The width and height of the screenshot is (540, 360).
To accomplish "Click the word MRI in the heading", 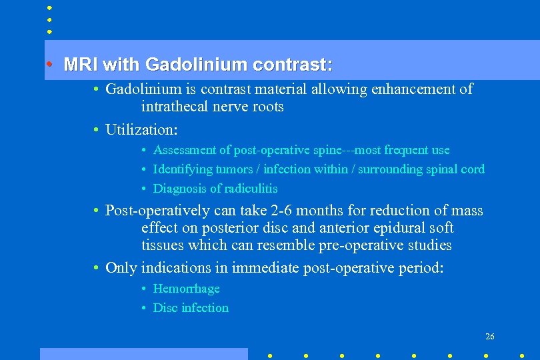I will (80, 65).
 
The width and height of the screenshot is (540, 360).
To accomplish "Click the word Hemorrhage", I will (186, 289).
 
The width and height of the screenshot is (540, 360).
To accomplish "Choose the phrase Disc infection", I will (191, 308).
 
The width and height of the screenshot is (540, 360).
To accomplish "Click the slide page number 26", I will (489, 337).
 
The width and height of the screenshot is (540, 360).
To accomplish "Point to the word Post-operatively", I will (158, 211).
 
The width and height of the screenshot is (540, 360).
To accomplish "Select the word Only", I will (121, 268).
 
